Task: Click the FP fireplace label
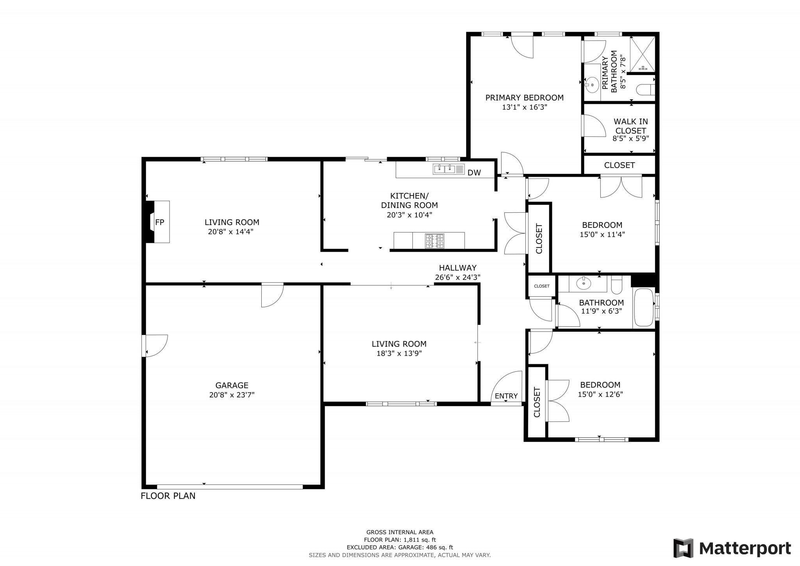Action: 159,222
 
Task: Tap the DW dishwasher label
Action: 474,173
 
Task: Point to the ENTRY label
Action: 506,396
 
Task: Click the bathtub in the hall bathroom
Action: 643,307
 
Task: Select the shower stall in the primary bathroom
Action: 643,54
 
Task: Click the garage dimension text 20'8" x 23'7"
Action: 232,395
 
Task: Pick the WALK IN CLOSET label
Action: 630,126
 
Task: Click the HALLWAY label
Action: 457,268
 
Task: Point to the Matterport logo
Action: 732,548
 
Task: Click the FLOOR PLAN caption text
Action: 168,496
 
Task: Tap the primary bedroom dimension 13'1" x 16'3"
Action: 524,107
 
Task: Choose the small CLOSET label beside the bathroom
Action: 541,286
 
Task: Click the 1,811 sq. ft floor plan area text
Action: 400,540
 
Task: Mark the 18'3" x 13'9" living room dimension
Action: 399,353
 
